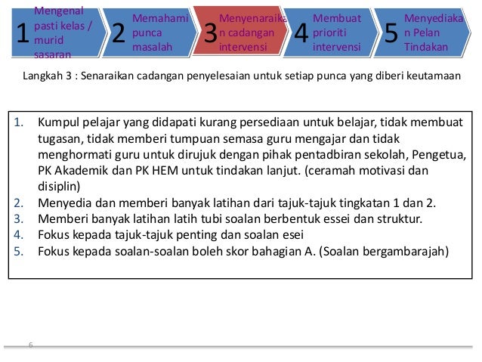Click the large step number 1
[22, 34]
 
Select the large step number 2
[117, 34]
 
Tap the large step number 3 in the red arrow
[211, 34]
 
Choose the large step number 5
[391, 34]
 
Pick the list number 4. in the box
[20, 235]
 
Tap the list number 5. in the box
[20, 252]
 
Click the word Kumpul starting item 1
[57, 122]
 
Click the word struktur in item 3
[421, 218]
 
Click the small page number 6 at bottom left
[30, 345]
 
